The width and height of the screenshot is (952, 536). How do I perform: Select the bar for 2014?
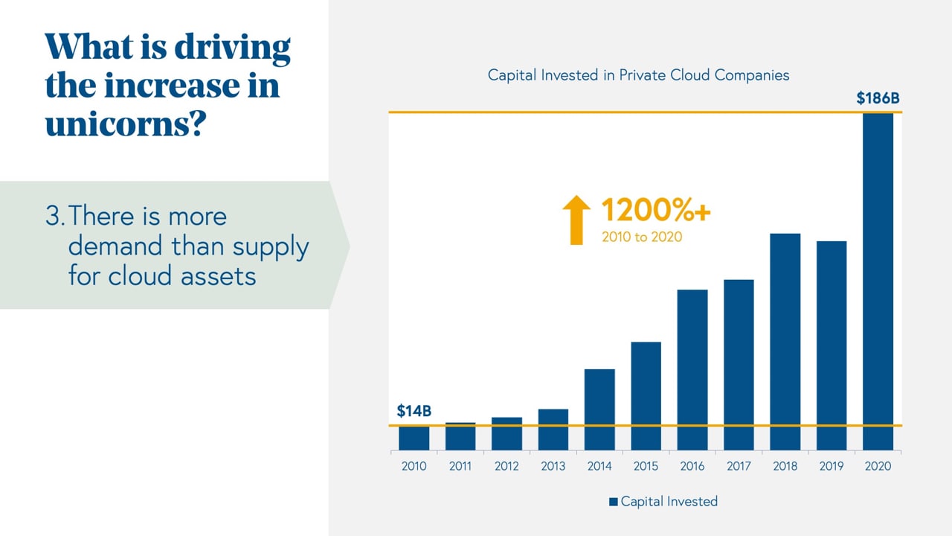(x=599, y=409)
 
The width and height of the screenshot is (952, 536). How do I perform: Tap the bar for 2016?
(x=692, y=369)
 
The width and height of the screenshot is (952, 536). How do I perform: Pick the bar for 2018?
(x=785, y=342)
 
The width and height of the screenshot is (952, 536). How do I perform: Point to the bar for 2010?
(x=414, y=438)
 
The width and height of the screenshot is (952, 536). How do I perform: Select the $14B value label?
(x=414, y=411)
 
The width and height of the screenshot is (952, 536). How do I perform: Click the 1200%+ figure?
(x=655, y=211)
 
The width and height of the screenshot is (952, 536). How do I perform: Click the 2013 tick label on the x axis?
(x=553, y=466)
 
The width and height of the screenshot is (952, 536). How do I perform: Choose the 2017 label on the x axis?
(x=739, y=466)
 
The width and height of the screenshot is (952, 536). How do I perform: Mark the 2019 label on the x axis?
(x=832, y=466)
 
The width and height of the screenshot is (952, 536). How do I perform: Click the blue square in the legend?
(x=614, y=502)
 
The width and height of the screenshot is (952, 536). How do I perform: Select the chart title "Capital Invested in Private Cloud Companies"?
(x=638, y=75)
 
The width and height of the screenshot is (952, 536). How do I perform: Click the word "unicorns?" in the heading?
(x=125, y=124)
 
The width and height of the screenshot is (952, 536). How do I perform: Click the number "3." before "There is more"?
(x=55, y=217)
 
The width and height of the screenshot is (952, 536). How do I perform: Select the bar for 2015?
(x=646, y=396)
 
